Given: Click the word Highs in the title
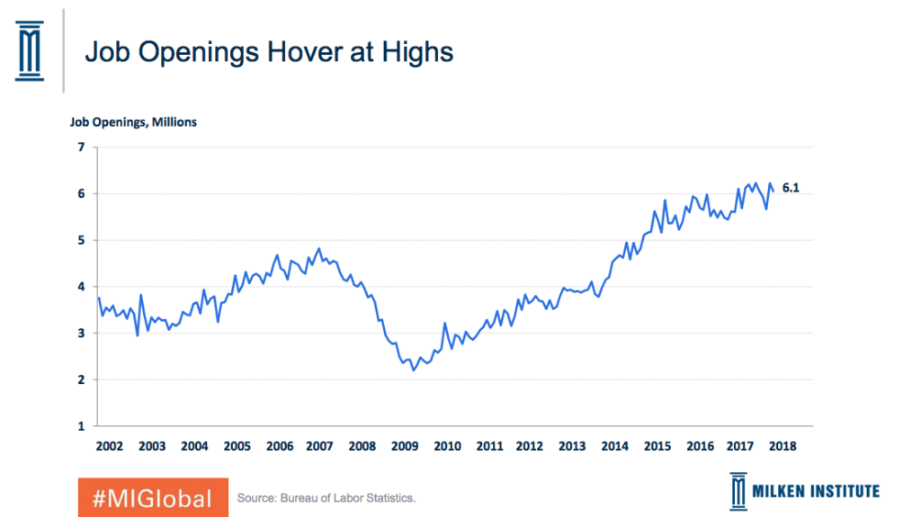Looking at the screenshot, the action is [x=417, y=52].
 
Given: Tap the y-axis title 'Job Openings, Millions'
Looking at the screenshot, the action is [x=133, y=122].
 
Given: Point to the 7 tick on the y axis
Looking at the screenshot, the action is [x=82, y=147].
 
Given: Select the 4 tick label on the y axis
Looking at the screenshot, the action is [x=82, y=287].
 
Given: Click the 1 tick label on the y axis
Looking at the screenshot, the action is [x=82, y=426].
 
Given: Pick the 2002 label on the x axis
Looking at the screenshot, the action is [x=109, y=446].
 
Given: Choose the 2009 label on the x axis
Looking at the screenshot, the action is [x=405, y=446].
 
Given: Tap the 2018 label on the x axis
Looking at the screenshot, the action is [x=782, y=446].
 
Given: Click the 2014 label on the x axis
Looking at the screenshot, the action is [x=614, y=446].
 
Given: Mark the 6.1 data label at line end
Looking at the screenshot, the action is [x=791, y=188].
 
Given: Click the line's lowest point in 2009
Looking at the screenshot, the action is [x=414, y=370].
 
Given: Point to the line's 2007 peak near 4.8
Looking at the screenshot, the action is [x=319, y=248].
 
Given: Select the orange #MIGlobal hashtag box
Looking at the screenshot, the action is [x=153, y=497].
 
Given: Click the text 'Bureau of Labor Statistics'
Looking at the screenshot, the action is [x=348, y=498].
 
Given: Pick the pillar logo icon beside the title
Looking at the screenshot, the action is [x=30, y=50].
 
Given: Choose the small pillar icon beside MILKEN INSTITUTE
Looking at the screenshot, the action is [x=738, y=491].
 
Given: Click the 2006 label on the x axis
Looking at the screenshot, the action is [x=280, y=446].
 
